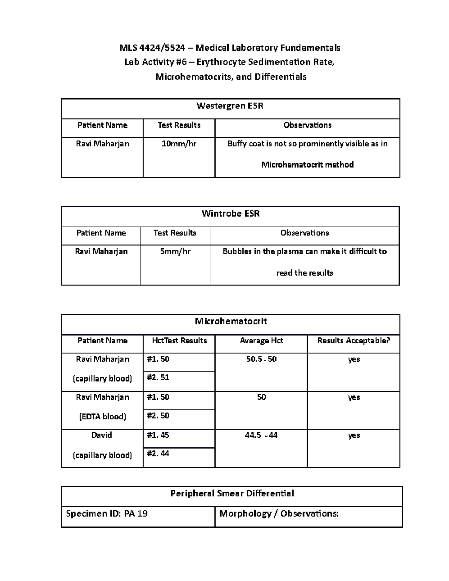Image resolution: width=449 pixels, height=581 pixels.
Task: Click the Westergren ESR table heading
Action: [x=230, y=106]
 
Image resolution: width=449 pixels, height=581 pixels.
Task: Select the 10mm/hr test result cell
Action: [x=179, y=144]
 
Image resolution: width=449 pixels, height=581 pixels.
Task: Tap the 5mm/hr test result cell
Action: [x=175, y=251]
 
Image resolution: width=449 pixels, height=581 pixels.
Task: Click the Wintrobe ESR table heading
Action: [x=230, y=214]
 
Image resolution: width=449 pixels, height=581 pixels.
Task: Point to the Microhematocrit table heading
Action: [x=230, y=321]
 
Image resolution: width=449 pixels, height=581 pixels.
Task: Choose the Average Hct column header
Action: [x=261, y=341]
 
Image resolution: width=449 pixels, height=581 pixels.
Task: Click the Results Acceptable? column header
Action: [x=354, y=341]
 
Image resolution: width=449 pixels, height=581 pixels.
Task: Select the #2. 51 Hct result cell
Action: [x=158, y=378]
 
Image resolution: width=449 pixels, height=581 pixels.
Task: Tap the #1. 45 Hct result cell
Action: [x=158, y=435]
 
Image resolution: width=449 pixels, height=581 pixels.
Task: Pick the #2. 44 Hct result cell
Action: [x=158, y=454]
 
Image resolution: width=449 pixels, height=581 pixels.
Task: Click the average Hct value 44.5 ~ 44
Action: [x=261, y=435]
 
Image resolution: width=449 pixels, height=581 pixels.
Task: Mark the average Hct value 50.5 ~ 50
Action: [x=261, y=360]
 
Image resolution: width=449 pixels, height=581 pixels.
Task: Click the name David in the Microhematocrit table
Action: [x=102, y=435]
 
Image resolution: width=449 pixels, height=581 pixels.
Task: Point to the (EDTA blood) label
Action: [x=103, y=417]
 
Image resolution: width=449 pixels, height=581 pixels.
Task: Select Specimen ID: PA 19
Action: [x=107, y=514]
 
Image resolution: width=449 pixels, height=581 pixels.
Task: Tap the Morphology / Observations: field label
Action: [x=279, y=514]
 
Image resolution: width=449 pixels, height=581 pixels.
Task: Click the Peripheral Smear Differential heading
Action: [x=232, y=494]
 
